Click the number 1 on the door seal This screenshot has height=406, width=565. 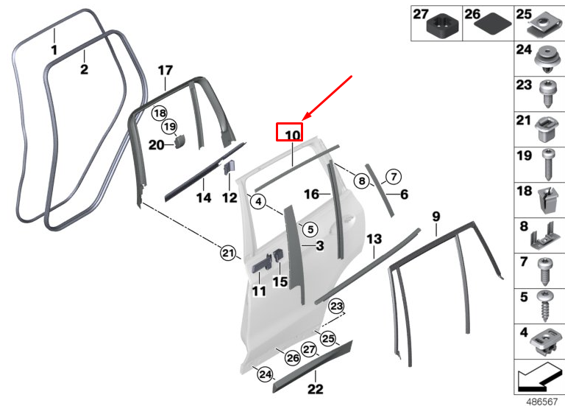(54, 50)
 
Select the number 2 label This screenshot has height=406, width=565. (84, 70)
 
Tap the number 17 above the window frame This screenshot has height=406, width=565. (165, 71)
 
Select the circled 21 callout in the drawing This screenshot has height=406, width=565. (229, 254)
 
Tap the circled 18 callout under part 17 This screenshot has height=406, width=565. (160, 113)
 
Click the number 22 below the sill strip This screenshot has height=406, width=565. (315, 390)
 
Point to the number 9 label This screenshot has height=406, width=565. (436, 216)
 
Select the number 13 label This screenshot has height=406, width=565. (374, 239)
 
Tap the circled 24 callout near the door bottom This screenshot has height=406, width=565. (265, 375)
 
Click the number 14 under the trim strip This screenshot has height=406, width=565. (203, 197)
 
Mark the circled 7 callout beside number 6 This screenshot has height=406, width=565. (393, 177)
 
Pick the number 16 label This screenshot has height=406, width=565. (311, 195)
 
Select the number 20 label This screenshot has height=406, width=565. (156, 145)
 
